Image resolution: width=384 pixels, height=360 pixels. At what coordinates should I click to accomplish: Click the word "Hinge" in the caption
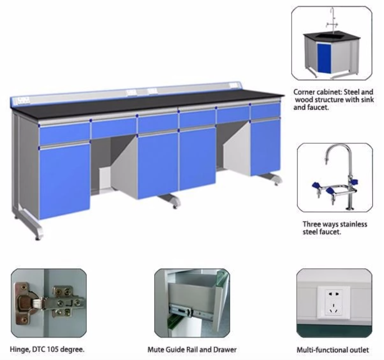(x=20, y=349)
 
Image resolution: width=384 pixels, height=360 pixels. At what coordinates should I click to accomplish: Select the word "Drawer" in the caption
(x=226, y=349)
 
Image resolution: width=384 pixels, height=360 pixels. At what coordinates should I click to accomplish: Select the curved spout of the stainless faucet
(x=336, y=149)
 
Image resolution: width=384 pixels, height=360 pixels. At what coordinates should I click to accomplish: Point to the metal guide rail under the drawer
(x=184, y=309)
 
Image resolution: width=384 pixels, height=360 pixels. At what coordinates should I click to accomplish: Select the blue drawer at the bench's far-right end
(x=265, y=110)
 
